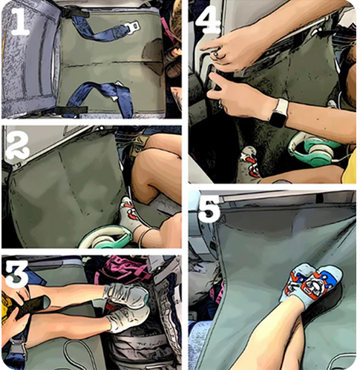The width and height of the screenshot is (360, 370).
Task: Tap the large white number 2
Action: point(17,142)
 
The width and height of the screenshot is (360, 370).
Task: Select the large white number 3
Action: point(16,274)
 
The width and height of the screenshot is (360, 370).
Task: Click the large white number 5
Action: point(209,208)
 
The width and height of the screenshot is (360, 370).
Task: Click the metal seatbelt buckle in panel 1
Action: point(132,25)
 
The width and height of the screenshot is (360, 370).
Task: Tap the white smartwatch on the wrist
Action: point(279,113)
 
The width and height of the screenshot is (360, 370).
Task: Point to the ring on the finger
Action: point(216,54)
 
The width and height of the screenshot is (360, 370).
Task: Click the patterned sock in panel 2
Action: point(129,214)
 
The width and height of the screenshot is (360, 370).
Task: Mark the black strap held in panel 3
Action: point(31,306)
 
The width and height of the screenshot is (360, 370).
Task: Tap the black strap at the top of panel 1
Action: point(74,12)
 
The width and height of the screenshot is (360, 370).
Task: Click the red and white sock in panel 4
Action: point(250,162)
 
